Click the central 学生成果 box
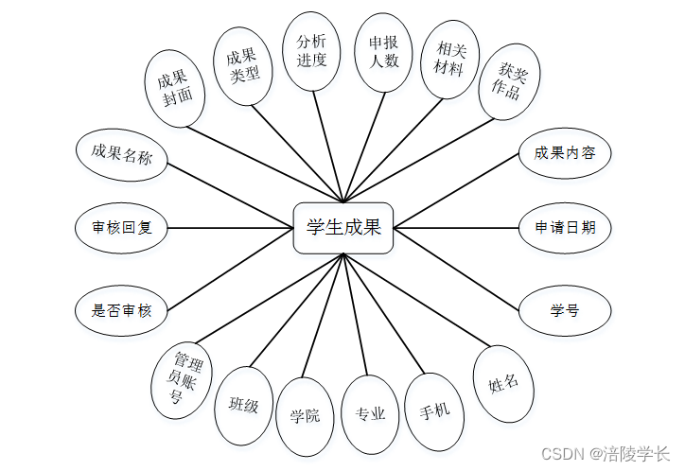[x=342, y=228]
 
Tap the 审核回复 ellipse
[x=121, y=228]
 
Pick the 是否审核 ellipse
[x=121, y=309]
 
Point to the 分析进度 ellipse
[x=312, y=51]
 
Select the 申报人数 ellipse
[x=384, y=51]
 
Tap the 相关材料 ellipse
[x=449, y=59]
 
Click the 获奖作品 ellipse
[x=509, y=82]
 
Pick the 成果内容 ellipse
[x=565, y=153]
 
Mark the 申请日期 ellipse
[x=565, y=228]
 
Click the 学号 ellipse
[x=565, y=309]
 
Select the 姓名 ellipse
[x=503, y=384]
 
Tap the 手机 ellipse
[x=434, y=412]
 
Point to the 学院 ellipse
[x=305, y=416]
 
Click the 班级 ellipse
[x=244, y=406]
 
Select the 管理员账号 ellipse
[x=183, y=378]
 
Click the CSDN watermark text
[x=609, y=454]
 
